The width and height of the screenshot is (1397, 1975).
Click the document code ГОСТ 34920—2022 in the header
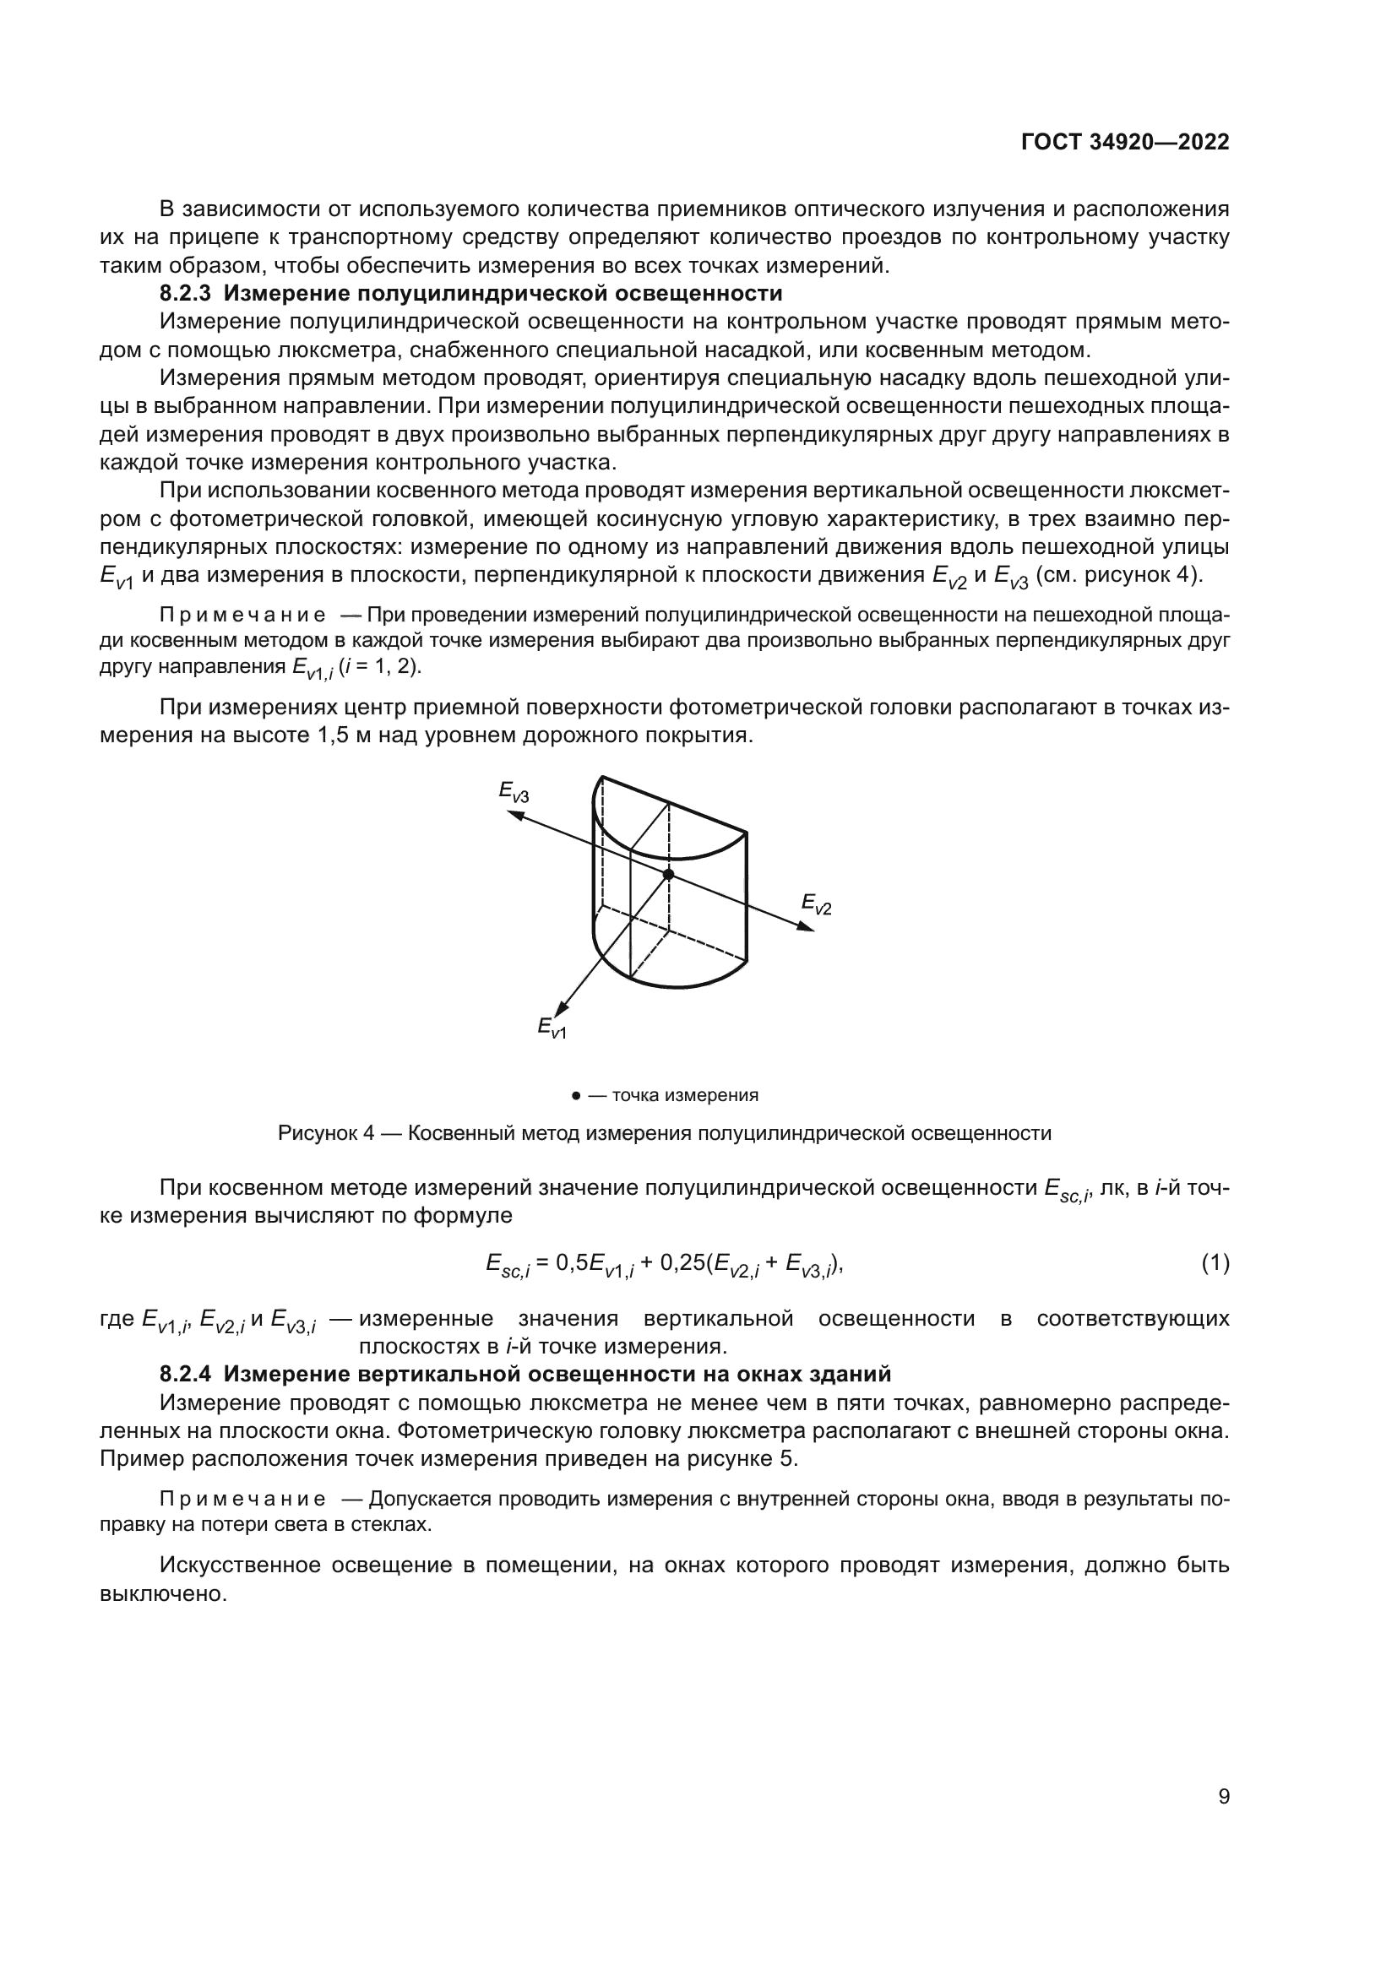[1125, 143]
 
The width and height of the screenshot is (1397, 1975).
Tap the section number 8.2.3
[185, 293]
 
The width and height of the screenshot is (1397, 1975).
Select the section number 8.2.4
[185, 1374]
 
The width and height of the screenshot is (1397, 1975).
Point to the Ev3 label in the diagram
[514, 791]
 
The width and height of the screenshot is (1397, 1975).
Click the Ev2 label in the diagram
[817, 904]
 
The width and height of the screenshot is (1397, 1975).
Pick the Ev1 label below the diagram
[552, 1027]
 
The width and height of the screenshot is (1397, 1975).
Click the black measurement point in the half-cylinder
[668, 874]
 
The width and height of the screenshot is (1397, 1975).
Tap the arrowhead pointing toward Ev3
[515, 813]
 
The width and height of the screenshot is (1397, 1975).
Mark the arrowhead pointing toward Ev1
[561, 1008]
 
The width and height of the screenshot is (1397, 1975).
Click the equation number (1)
[1215, 1264]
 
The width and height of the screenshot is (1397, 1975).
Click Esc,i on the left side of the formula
[507, 1265]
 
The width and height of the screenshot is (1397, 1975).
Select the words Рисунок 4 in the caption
[326, 1133]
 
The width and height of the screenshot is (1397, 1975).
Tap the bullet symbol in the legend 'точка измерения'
[574, 1096]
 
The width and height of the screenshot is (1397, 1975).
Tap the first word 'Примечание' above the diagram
[242, 615]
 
